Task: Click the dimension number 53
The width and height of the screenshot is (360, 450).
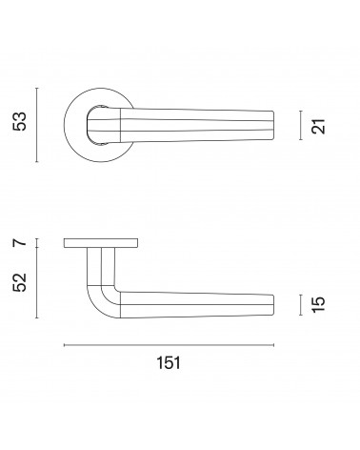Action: (20, 121)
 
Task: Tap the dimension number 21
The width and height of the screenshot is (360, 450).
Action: (318, 126)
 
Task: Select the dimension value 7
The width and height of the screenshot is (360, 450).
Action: (20, 243)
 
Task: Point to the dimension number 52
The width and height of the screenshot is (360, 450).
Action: (20, 282)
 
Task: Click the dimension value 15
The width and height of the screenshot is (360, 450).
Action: (318, 305)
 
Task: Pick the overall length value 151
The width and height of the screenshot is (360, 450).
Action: (169, 363)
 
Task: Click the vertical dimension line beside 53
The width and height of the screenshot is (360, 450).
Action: (37, 125)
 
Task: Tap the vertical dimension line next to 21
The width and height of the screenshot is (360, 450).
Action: (300, 125)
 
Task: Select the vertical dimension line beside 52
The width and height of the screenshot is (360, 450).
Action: (37, 282)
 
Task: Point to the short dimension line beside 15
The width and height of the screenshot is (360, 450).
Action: (300, 305)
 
